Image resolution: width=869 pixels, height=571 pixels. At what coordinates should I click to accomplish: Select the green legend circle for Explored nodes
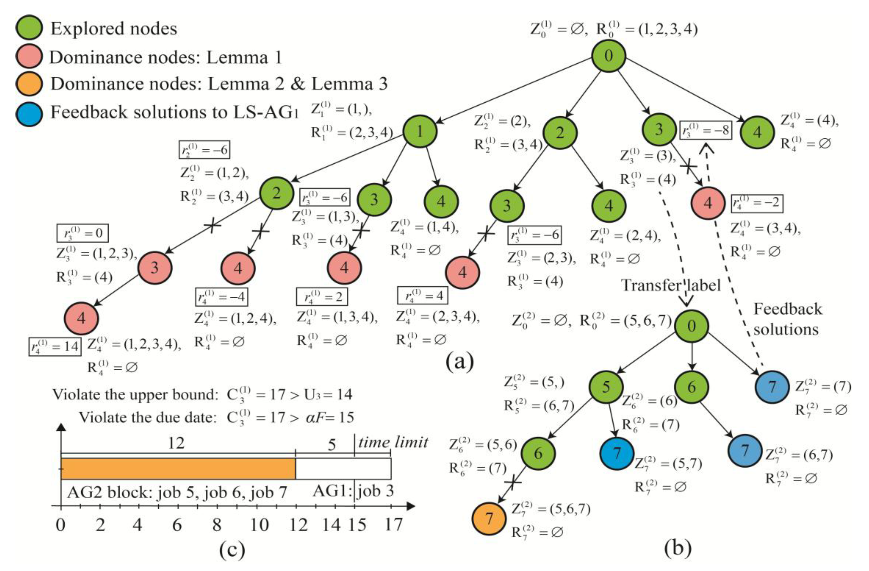pyautogui.click(x=29, y=28)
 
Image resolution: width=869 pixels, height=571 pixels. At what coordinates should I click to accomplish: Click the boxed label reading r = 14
pyautogui.click(x=55, y=346)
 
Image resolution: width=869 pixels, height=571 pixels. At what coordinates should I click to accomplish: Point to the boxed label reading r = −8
pyautogui.click(x=706, y=130)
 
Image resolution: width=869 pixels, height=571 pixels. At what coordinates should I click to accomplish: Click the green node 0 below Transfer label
pyautogui.click(x=692, y=326)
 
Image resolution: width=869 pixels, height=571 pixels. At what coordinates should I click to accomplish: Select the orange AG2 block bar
pyautogui.click(x=178, y=468)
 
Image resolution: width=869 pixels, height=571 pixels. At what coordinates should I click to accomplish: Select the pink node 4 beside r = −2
pyautogui.click(x=708, y=203)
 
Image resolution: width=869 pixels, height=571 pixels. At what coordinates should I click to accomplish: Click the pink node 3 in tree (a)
pyautogui.click(x=154, y=268)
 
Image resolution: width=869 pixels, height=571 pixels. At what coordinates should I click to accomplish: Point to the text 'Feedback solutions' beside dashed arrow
pyautogui.click(x=787, y=319)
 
